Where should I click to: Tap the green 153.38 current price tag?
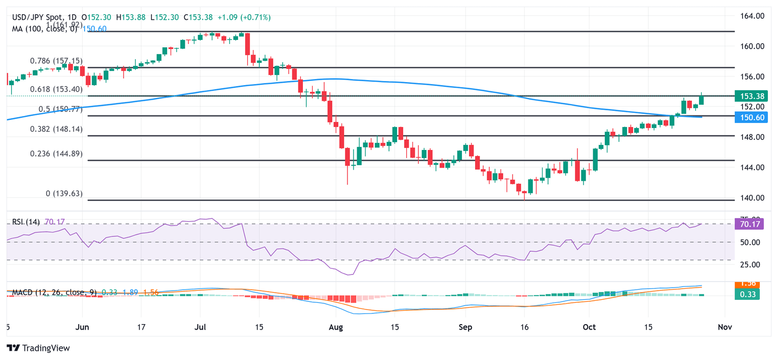coord(753,96)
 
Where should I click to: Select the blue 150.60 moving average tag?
coord(753,117)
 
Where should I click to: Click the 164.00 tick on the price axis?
coord(752,16)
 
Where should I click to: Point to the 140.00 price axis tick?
coord(752,197)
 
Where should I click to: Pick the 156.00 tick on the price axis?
coord(752,76)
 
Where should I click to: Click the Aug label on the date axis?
coord(336,327)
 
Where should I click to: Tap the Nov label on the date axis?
coord(725,327)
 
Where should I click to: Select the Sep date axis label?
coord(465,327)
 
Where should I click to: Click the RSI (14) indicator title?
coord(26,221)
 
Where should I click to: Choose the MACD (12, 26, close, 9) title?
coord(54,292)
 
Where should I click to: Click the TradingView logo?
coord(38,348)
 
